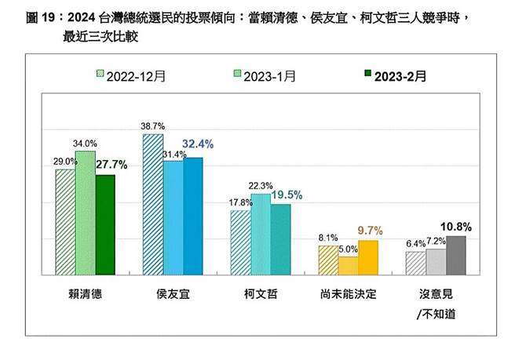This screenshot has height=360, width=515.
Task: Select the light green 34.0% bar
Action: tap(85, 213)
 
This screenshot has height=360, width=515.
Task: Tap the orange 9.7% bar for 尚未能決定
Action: tap(367, 257)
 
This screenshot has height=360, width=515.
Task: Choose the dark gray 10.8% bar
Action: tap(455, 255)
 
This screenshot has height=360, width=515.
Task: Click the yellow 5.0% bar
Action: tap(348, 266)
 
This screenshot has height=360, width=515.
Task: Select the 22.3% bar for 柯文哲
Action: tap(260, 234)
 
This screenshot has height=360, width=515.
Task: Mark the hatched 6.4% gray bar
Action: tap(415, 263)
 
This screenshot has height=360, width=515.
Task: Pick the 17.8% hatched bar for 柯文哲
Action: tap(240, 242)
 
